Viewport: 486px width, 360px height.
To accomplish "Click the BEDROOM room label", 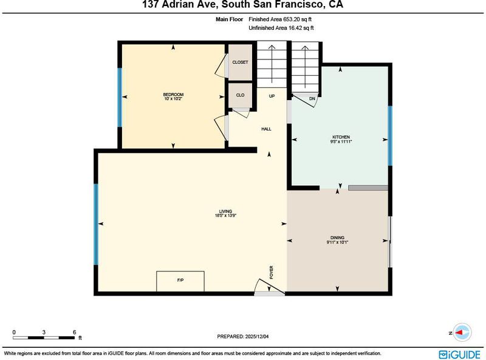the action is (x=173, y=95).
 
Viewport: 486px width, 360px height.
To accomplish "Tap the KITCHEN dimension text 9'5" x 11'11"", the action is (x=341, y=141).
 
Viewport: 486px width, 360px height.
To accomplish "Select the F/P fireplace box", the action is (x=180, y=281).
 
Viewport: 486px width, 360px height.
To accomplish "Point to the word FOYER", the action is (x=272, y=273).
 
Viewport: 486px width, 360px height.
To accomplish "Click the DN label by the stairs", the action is (x=312, y=99).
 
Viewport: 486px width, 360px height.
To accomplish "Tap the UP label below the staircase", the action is (x=272, y=96).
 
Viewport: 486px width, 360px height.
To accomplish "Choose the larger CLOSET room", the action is (x=240, y=63).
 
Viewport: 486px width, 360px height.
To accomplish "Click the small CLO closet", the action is (x=240, y=95).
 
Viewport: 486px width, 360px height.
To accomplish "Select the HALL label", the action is (x=266, y=129).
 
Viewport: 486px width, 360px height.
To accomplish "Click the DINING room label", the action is (x=337, y=237).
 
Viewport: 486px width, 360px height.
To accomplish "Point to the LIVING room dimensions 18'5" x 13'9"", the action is (x=225, y=216).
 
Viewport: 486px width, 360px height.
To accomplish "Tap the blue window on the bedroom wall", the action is (x=120, y=97).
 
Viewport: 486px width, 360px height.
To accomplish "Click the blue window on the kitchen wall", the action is (x=390, y=136).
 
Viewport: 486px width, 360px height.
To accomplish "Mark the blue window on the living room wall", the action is (x=96, y=225).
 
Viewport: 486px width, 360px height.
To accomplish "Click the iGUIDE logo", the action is (x=460, y=355).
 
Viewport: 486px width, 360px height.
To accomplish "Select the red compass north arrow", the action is (x=459, y=333).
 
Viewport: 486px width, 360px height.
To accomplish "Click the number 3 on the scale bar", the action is (x=44, y=332).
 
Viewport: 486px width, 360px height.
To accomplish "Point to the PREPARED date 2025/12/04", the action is (x=257, y=336).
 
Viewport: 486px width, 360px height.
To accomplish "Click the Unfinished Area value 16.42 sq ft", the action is (x=301, y=28).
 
